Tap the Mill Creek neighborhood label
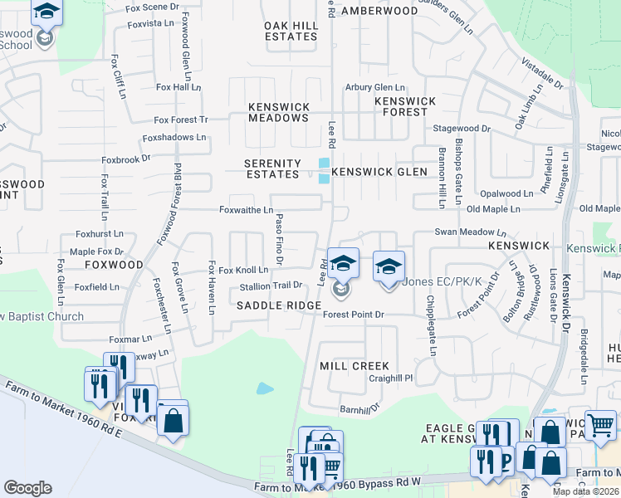pos(354,366)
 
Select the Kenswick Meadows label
pos(279,113)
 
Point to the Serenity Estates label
pos(272,169)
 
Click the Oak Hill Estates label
pos(291,32)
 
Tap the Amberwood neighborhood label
pos(379,11)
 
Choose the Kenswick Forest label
pos(405,106)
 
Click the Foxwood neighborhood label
pos(115,265)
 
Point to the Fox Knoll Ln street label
pos(243,271)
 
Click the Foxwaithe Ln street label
pos(246,211)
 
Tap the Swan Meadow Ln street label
pos(470,234)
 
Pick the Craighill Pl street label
pos(391,378)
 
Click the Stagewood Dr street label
pos(462,129)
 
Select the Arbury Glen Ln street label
pos(375,87)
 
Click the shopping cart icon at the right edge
pos(600,425)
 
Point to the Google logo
pos(28,487)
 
